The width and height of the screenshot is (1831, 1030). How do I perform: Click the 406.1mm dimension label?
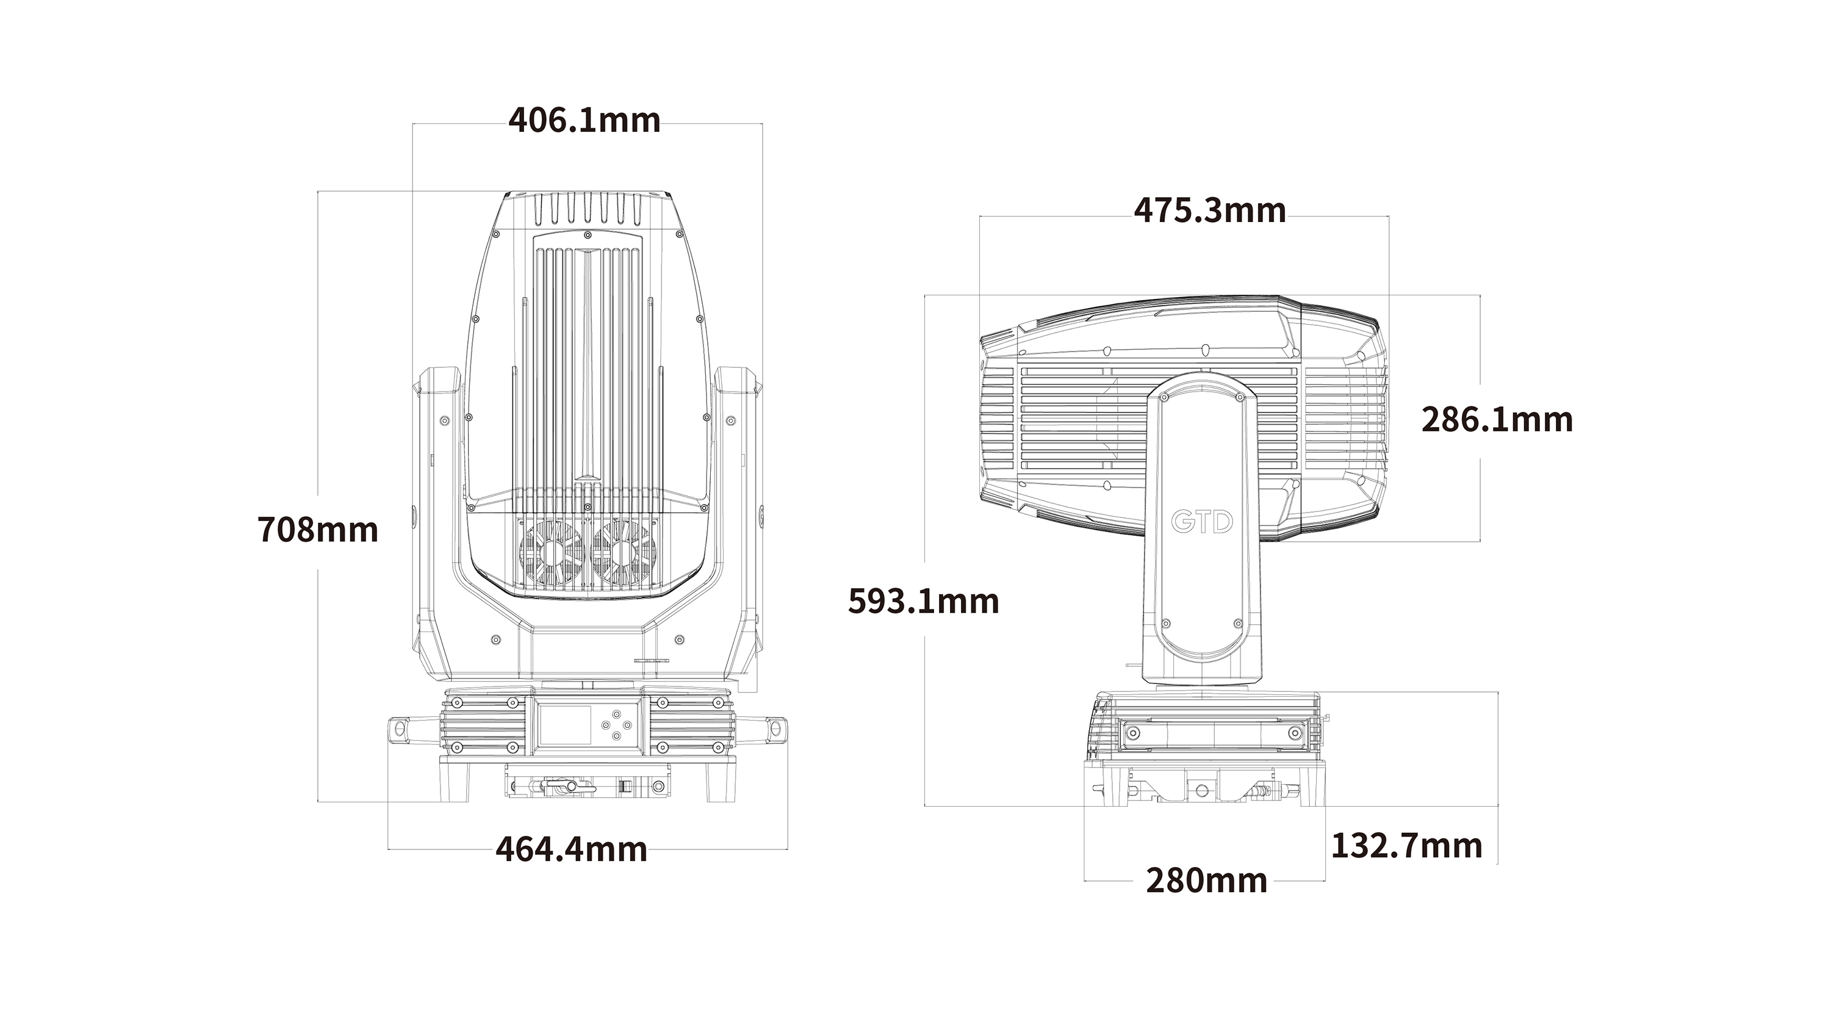point(585,120)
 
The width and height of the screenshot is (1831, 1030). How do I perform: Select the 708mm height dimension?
point(318,530)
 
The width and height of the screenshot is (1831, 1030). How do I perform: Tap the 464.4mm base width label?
point(572,849)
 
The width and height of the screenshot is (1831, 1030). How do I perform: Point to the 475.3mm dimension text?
point(1210,211)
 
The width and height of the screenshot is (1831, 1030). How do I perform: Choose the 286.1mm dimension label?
point(1497,419)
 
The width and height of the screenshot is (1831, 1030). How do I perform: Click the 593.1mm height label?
point(923,602)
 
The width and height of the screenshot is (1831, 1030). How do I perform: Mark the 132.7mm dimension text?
point(1407,846)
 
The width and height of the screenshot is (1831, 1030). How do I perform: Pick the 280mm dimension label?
point(1207,881)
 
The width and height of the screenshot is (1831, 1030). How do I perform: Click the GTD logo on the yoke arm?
point(1202,522)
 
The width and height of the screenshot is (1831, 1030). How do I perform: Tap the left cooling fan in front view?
point(552,553)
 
